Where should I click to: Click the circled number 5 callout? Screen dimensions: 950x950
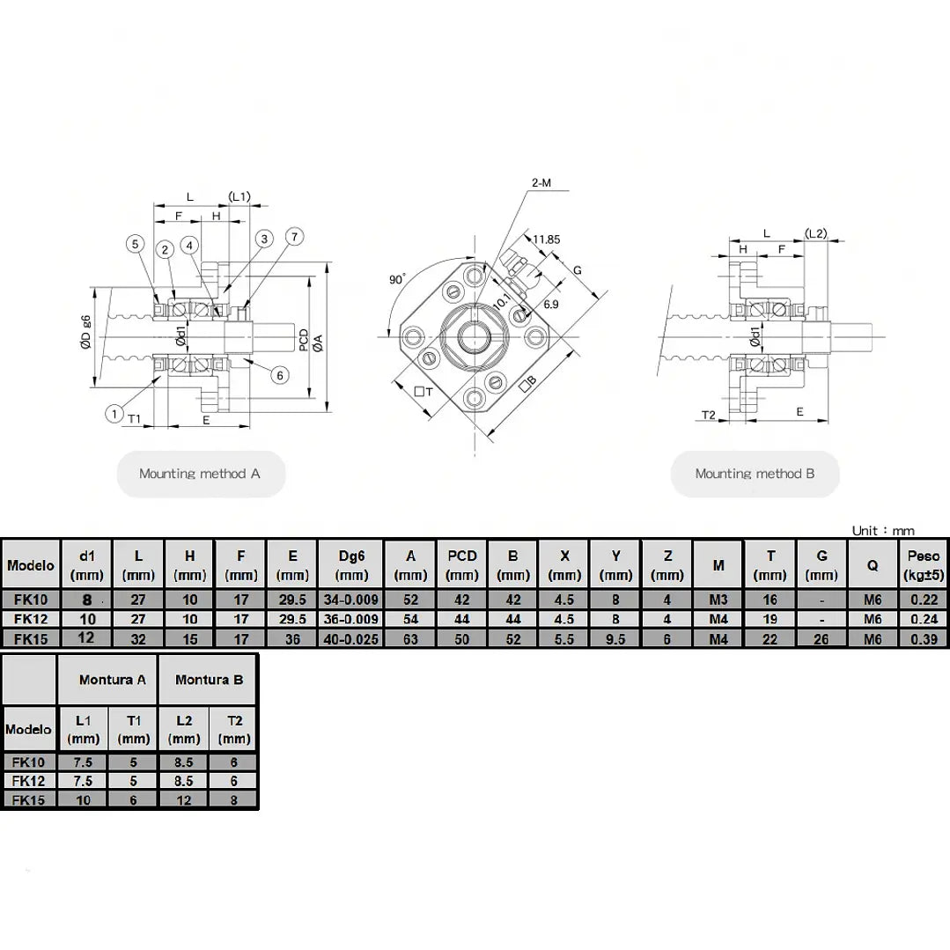135,244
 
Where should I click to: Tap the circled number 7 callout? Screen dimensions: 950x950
294,236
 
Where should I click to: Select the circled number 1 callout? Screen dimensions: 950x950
114,414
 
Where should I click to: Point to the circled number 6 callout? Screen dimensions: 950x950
279,375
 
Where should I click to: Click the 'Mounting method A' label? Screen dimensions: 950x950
200,474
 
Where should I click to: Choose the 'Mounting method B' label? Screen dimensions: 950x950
755,474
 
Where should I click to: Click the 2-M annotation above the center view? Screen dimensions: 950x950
541,182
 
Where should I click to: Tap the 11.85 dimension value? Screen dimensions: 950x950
547,239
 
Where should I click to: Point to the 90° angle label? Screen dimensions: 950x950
397,279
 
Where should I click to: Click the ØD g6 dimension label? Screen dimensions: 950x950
85,332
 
